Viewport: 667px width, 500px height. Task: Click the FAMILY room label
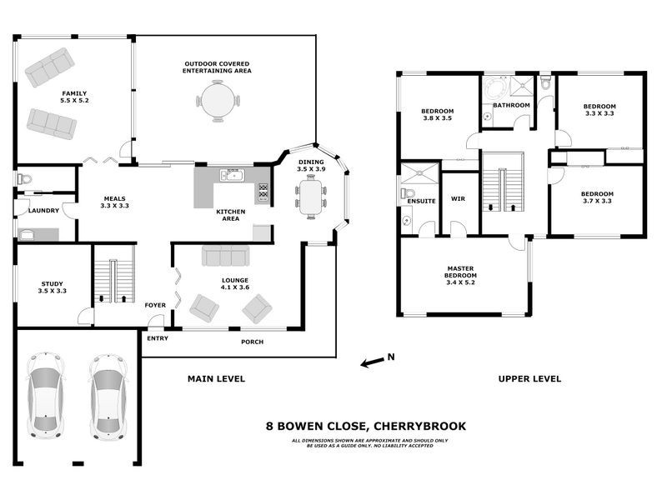pyautogui.click(x=73, y=97)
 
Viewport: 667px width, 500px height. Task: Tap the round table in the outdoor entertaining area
pyautogui.click(x=218, y=102)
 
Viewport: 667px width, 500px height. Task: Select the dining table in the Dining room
pyautogui.click(x=310, y=197)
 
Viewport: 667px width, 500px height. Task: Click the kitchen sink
pyautogui.click(x=231, y=175)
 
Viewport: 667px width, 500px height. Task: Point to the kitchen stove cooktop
pyautogui.click(x=263, y=193)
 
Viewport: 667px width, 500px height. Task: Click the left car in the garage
pyautogui.click(x=47, y=395)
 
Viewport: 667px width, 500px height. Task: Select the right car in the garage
pyautogui.click(x=107, y=395)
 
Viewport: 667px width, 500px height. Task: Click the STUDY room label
pyautogui.click(x=52, y=287)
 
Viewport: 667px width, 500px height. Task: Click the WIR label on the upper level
pyautogui.click(x=457, y=198)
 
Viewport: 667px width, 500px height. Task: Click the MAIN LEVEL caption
pyautogui.click(x=216, y=379)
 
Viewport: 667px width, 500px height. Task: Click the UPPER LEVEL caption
pyautogui.click(x=529, y=379)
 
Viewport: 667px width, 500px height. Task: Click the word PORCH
pyautogui.click(x=252, y=341)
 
